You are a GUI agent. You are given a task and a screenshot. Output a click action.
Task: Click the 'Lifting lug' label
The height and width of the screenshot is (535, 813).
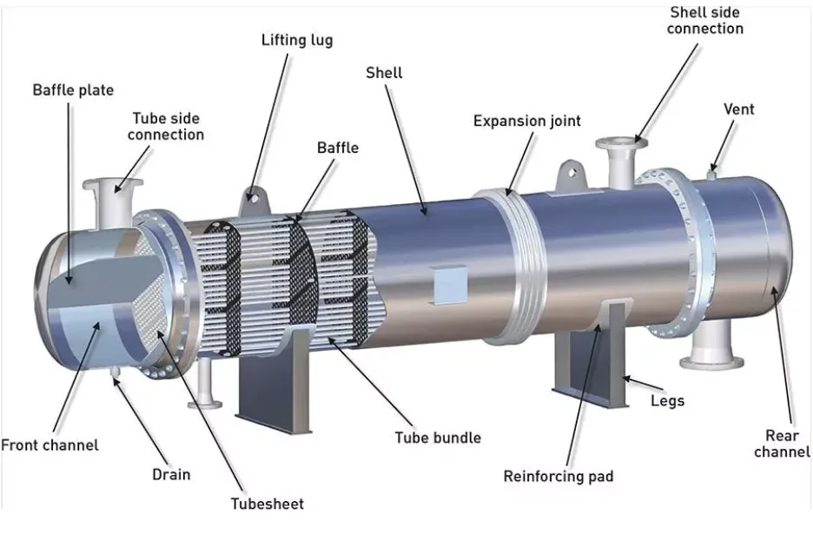click(x=296, y=40)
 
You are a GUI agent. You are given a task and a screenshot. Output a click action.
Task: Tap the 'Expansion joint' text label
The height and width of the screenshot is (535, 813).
click(x=526, y=121)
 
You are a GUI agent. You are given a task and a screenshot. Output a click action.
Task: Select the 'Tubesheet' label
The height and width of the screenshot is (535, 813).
click(x=267, y=503)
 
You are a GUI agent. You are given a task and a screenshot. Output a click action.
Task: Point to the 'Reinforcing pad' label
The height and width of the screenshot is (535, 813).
click(x=558, y=476)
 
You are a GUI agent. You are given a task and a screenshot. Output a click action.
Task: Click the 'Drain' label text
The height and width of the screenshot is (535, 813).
click(x=170, y=474)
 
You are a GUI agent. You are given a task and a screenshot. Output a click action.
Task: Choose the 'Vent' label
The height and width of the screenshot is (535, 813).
click(x=738, y=109)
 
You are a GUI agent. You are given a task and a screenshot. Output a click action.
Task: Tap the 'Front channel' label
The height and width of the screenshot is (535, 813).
click(x=50, y=445)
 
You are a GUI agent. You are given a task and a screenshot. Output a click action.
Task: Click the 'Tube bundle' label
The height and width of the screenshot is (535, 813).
click(x=437, y=437)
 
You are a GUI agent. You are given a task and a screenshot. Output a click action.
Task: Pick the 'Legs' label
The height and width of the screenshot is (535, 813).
click(x=667, y=400)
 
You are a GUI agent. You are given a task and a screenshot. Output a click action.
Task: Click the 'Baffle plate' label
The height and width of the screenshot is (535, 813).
click(x=73, y=89)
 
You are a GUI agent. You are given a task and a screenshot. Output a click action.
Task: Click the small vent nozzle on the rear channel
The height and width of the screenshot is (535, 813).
click(x=712, y=172)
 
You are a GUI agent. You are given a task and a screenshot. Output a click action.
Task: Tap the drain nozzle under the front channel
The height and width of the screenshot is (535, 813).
click(x=116, y=371)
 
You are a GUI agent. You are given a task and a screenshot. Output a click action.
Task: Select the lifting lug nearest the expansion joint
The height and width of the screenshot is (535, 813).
click(x=569, y=173)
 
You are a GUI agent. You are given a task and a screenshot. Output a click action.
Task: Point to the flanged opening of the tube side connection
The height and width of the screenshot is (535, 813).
click(x=107, y=185)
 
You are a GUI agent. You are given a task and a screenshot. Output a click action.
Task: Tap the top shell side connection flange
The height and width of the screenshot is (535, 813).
click(x=616, y=143)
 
